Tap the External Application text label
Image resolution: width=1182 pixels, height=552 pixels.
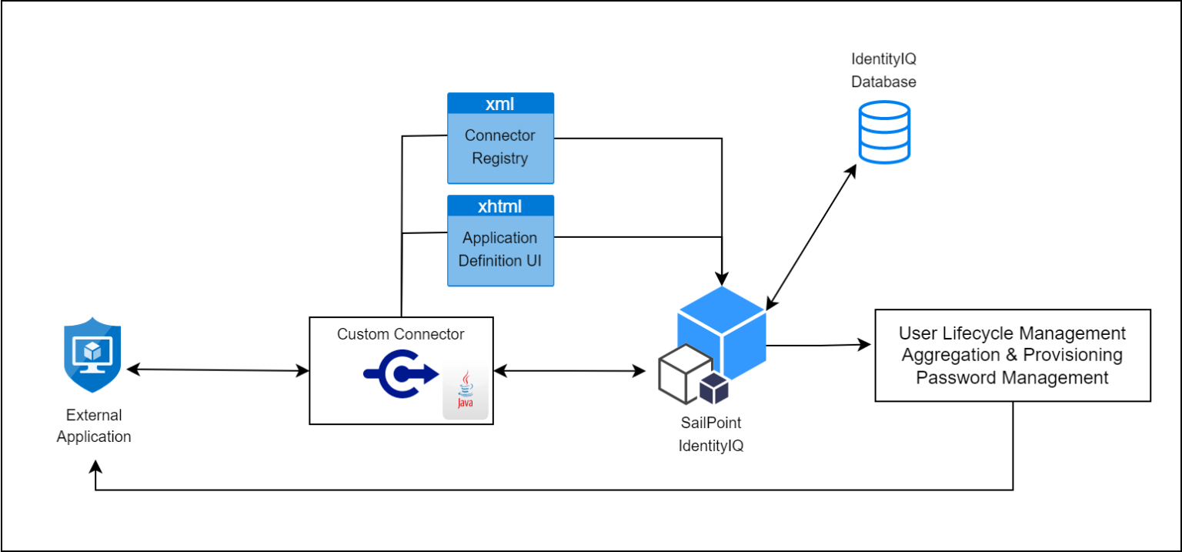pyautogui.click(x=94, y=426)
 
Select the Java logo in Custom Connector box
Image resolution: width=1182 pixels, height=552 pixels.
pyautogui.click(x=465, y=393)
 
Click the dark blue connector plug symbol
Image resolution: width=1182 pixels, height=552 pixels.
pyautogui.click(x=399, y=374)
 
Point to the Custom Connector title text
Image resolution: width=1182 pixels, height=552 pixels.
pyautogui.click(x=400, y=334)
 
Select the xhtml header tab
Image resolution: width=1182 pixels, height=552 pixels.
pyautogui.click(x=500, y=206)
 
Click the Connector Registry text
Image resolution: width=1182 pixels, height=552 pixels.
pyautogui.click(x=500, y=147)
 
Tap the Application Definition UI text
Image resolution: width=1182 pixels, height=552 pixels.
pyautogui.click(x=500, y=249)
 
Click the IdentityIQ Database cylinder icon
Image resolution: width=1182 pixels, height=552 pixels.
pyautogui.click(x=884, y=132)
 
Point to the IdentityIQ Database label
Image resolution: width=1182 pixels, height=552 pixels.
pyautogui.click(x=883, y=70)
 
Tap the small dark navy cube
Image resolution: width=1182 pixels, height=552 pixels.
pyautogui.click(x=713, y=389)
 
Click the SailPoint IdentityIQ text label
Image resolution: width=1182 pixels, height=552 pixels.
pyautogui.click(x=710, y=434)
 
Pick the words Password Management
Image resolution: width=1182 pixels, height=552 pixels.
pyautogui.click(x=1012, y=377)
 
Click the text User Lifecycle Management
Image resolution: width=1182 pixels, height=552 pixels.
pyautogui.click(x=1012, y=333)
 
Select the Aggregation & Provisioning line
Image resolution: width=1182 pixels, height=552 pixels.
pyautogui.click(x=1012, y=355)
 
